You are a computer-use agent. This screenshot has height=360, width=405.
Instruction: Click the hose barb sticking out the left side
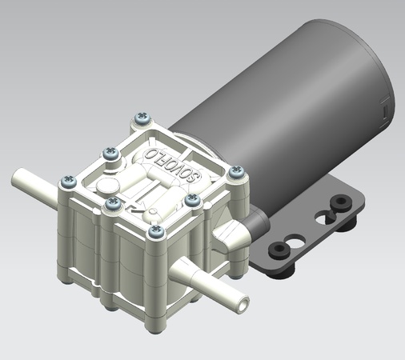[32, 180]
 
